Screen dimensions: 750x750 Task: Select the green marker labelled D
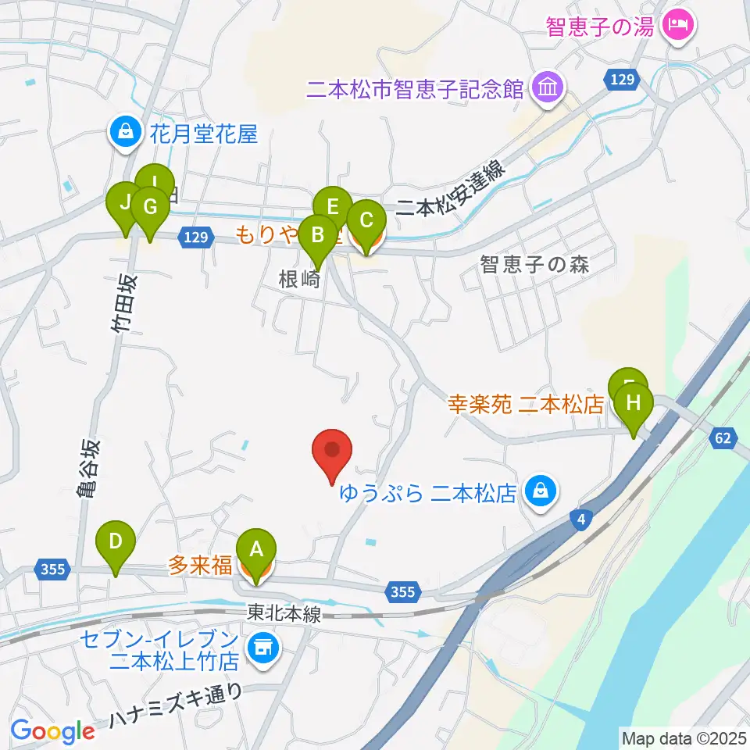point(116,541)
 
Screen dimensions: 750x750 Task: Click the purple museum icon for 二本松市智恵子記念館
point(545,87)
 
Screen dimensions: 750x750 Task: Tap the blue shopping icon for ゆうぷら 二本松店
point(538,492)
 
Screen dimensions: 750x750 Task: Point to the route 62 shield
point(722,439)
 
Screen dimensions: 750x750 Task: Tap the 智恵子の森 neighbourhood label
point(534,264)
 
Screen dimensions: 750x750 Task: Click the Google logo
point(52,731)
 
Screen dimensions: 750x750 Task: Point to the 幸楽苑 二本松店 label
point(527,405)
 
